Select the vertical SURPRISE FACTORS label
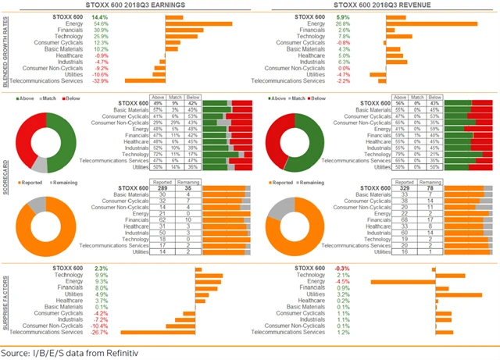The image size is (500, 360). point(7,300)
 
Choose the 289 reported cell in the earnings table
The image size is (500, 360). point(162,189)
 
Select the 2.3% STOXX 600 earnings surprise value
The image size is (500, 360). point(100,269)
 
